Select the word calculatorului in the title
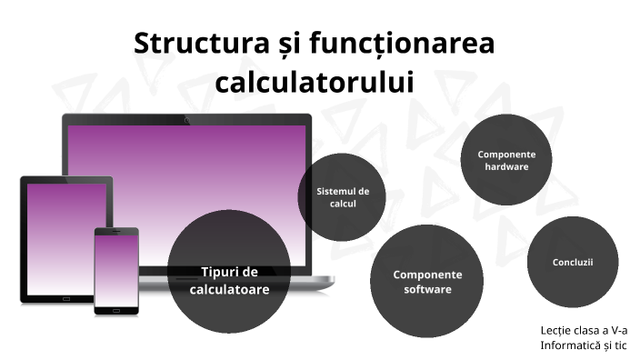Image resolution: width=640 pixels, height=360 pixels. click(314, 81)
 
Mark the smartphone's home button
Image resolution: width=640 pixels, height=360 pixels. click(116, 310)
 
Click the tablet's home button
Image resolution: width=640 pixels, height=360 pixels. click(66, 297)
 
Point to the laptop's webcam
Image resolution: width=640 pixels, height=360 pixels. click(186, 119)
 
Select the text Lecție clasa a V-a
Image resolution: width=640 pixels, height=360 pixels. click(584, 330)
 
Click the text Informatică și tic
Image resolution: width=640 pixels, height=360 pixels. click(584, 345)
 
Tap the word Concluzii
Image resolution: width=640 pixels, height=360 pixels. click(573, 263)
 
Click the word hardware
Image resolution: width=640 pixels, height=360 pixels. click(506, 167)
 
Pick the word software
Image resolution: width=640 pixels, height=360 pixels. click(427, 290)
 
